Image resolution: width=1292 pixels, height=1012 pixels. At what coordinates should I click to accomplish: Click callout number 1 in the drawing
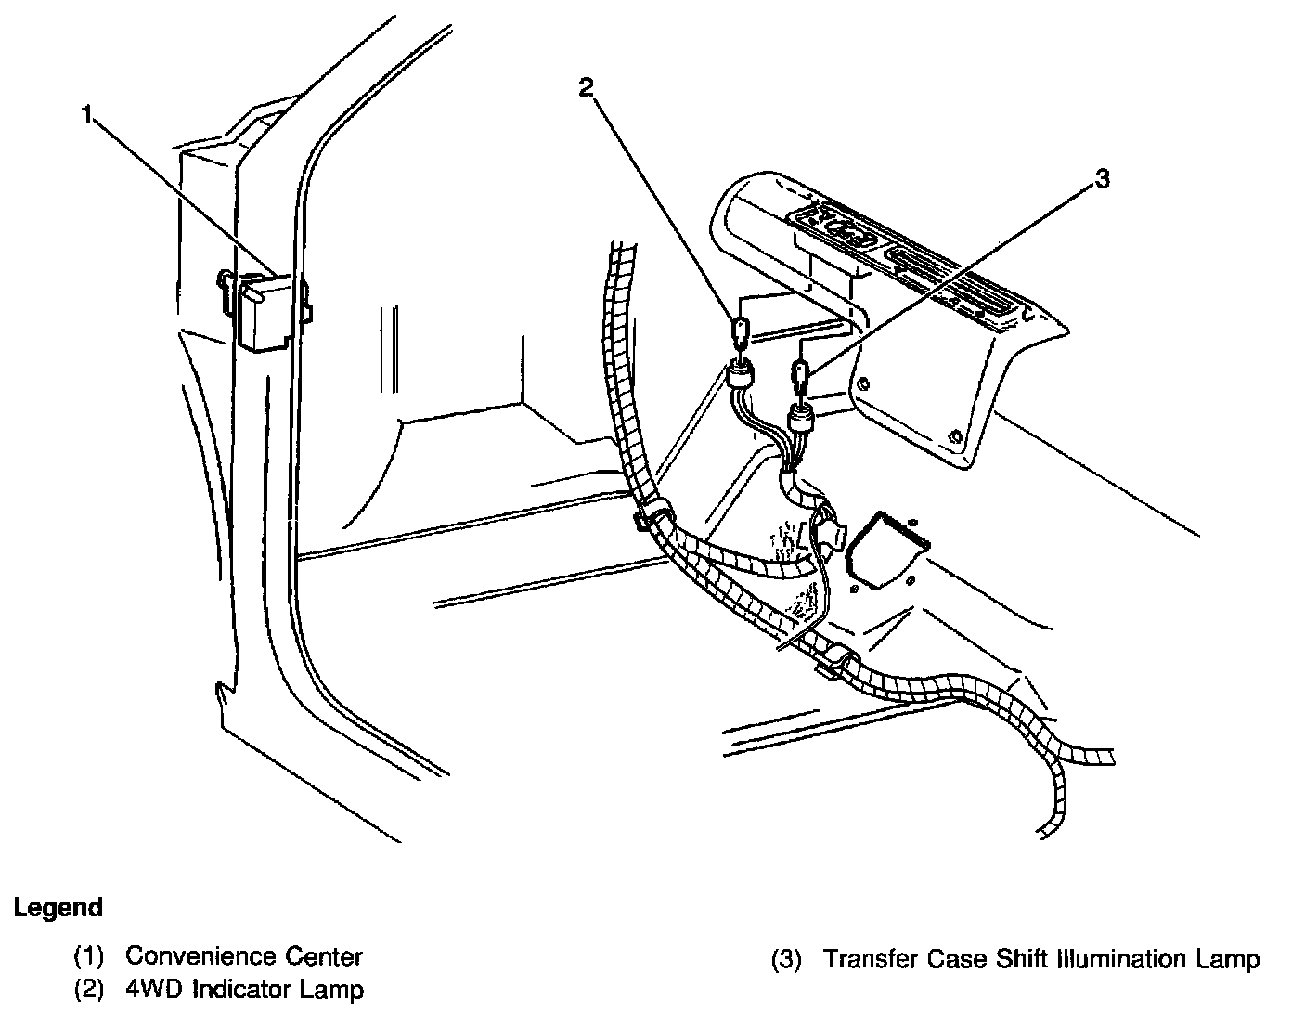tap(86, 116)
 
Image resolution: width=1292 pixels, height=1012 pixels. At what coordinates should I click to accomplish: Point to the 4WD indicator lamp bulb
tap(740, 335)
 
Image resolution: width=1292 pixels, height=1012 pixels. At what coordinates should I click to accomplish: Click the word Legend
tap(58, 907)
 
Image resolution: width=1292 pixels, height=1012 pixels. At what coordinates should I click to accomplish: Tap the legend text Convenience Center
tap(244, 955)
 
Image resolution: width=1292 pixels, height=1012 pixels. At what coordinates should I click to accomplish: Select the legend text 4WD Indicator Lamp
tap(244, 990)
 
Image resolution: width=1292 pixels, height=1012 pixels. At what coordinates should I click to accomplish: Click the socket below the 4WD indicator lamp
tap(740, 375)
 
